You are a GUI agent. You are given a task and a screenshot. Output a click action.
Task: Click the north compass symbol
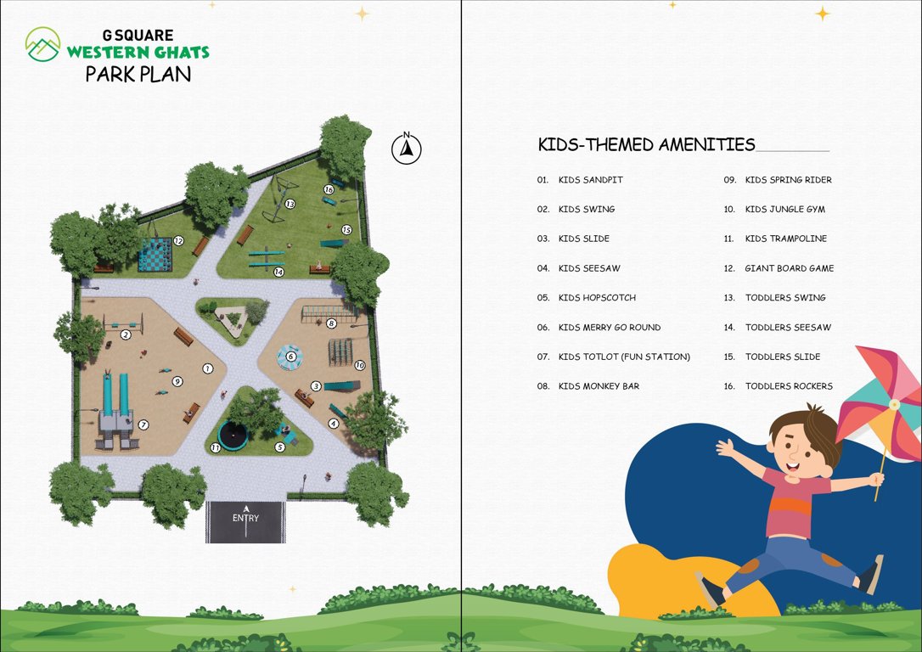coord(407,149)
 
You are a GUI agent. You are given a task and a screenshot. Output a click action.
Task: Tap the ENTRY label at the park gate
coord(245,518)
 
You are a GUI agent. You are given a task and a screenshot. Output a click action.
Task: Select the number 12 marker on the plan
coord(178,241)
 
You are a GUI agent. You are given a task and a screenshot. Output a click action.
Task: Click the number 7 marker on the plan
coord(143,424)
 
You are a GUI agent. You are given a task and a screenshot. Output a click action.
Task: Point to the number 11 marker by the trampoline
coord(216,447)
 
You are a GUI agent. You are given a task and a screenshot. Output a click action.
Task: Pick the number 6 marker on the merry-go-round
coord(291,357)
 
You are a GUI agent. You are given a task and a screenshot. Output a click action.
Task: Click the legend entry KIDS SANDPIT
coord(590,180)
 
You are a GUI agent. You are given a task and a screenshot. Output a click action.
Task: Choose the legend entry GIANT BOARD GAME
coord(789,268)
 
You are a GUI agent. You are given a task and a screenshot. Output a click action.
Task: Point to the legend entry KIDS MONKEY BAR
coord(599,386)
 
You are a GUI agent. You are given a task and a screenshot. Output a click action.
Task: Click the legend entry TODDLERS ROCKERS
coord(789,386)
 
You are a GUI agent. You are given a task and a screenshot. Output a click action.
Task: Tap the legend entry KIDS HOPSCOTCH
coord(597,298)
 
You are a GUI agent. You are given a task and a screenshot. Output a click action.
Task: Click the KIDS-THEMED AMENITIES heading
coord(646,144)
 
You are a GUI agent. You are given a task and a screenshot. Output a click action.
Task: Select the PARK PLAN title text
coord(138,74)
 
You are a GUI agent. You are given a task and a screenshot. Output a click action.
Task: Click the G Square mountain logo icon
coord(42,44)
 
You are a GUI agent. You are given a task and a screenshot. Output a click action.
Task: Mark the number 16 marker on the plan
coord(328,190)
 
